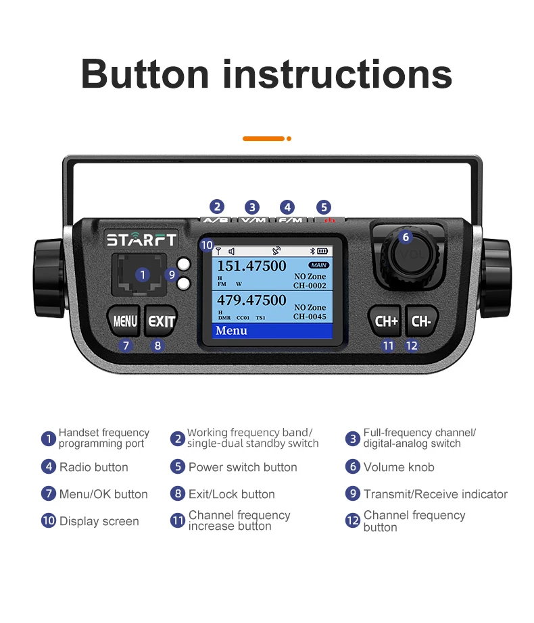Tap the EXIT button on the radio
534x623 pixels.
[x=162, y=321]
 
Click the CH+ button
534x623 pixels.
[x=387, y=321]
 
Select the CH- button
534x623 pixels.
[x=421, y=321]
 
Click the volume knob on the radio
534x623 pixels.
[x=406, y=255]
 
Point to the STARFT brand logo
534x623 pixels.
[x=141, y=240]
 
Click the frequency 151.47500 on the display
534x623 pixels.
[x=251, y=266]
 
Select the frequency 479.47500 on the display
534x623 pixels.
[x=251, y=300]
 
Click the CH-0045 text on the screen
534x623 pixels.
[x=310, y=317]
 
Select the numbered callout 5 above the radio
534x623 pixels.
[x=324, y=207]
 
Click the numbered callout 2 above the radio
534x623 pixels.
[x=217, y=207]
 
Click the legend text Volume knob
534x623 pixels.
[x=399, y=467]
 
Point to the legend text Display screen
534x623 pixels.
[x=99, y=521]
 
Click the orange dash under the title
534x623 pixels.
[x=264, y=138]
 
